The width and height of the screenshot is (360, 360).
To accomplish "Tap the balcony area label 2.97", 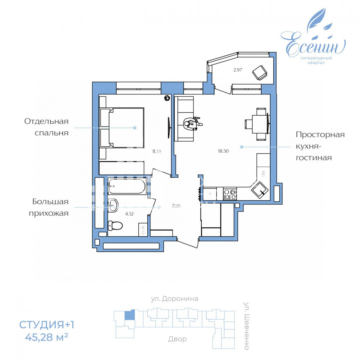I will (237, 70).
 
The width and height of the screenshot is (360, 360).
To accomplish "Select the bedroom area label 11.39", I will (157, 151).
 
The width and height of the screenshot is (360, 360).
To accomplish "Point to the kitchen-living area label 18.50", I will (223, 151).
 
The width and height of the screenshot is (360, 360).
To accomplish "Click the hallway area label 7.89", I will (176, 206).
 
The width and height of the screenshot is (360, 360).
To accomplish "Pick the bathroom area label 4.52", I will (130, 214).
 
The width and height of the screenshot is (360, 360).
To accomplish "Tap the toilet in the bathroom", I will (115, 226).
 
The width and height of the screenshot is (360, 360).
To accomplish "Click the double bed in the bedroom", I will (123, 127).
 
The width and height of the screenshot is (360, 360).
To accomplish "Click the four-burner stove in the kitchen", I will (230, 194).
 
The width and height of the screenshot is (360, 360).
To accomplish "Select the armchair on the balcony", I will (259, 72).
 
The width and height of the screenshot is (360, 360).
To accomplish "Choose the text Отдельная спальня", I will (46, 127).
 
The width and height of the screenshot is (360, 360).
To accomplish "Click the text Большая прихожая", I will (50, 207).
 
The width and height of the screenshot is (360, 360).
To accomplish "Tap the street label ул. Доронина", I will (174, 299).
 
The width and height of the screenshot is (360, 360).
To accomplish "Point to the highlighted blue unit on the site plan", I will (130, 315).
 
